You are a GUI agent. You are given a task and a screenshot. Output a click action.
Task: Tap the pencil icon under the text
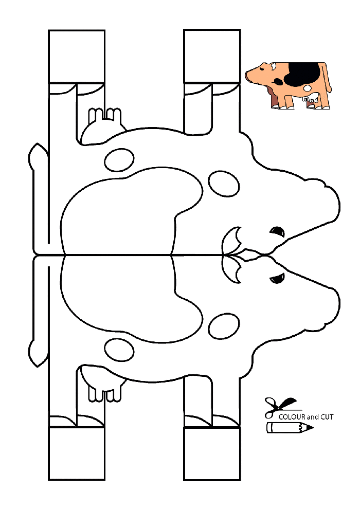pyautogui.click(x=290, y=428)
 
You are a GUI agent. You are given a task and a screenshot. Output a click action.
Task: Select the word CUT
pyautogui.click(x=327, y=417)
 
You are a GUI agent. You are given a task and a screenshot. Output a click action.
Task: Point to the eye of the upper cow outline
pyautogui.click(x=278, y=231)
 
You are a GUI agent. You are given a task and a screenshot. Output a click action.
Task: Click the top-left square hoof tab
pyautogui.click(x=77, y=57)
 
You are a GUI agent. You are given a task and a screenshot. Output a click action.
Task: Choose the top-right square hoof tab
pyautogui.click(x=212, y=56)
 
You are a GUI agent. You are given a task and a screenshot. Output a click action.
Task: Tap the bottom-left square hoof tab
pyautogui.click(x=77, y=453)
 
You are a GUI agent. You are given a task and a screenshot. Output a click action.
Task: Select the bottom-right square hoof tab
pyautogui.click(x=212, y=453)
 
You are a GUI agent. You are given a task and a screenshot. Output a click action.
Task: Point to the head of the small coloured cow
pyautogui.click(x=261, y=72)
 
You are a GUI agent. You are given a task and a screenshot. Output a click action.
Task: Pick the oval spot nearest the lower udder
pyautogui.click(x=119, y=351)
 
